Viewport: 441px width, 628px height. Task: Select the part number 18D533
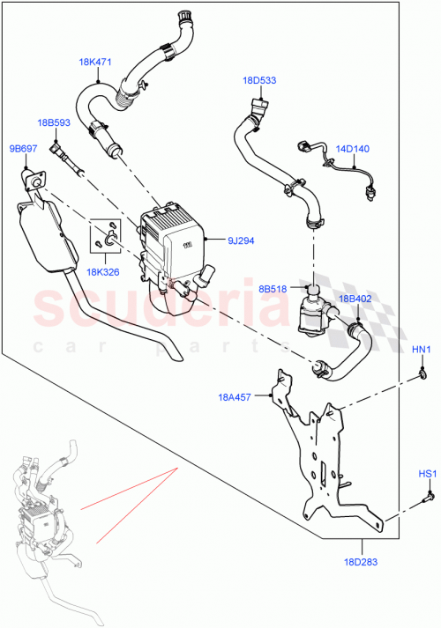[259, 80]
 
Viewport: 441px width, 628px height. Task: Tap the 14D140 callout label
[352, 149]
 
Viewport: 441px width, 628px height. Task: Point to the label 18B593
[54, 122]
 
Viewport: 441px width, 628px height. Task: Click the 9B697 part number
[23, 148]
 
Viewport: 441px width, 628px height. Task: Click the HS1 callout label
[426, 475]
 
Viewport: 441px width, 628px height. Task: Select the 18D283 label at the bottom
[361, 561]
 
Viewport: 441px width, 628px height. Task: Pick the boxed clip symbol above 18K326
[106, 234]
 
